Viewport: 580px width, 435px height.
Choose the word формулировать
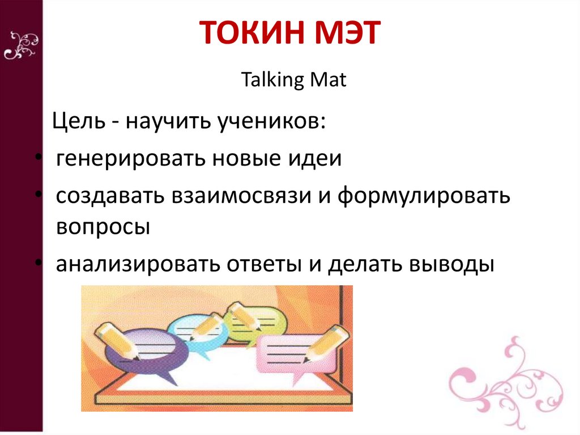424,196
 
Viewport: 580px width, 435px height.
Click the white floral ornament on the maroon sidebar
21,46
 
